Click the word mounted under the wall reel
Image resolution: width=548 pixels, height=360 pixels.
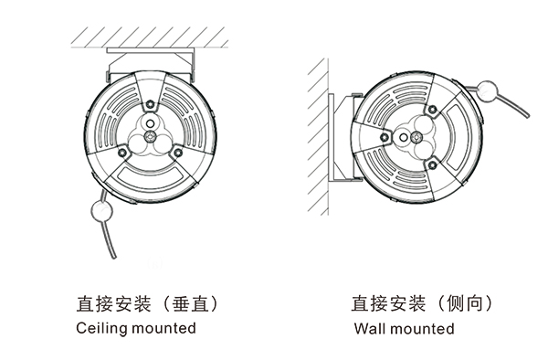[422, 329]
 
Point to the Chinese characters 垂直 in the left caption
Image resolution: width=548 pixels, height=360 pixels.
[191, 303]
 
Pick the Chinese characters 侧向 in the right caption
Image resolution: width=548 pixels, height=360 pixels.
[465, 303]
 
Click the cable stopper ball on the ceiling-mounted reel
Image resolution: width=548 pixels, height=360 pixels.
[101, 211]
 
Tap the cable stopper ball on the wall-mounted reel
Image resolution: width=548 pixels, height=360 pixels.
[487, 90]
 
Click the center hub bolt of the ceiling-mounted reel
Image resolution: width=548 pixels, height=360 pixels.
[151, 136]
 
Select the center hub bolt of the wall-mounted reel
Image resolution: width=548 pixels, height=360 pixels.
[416, 137]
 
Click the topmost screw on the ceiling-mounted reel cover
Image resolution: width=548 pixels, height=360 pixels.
[151, 104]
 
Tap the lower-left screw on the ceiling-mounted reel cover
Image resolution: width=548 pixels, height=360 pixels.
[122, 152]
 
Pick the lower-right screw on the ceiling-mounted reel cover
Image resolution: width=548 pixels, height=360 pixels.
[178, 153]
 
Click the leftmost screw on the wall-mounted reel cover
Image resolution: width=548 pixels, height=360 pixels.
[385, 137]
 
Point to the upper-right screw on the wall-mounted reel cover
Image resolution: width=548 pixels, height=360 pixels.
[432, 110]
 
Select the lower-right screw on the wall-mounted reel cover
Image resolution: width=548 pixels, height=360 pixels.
[432, 165]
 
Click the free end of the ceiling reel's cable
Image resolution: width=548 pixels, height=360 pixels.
[113, 258]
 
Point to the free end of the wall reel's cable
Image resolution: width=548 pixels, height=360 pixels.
[527, 115]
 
